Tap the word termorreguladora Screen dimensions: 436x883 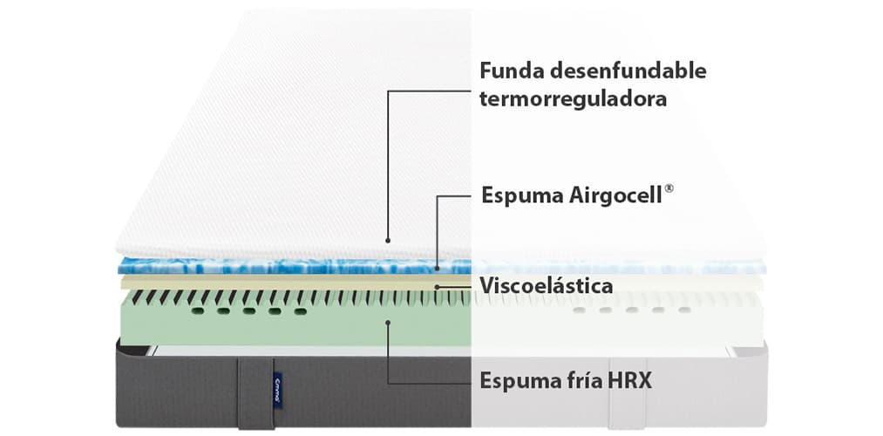pyautogui.click(x=573, y=98)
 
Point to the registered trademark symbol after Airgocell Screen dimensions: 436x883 pyautogui.click(x=669, y=188)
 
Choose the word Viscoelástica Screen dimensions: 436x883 pyautogui.click(x=546, y=285)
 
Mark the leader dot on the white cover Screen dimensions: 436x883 pyautogui.click(x=389, y=239)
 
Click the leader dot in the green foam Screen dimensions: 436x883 pyautogui.click(x=389, y=322)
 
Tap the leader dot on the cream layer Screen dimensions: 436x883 pyautogui.click(x=436, y=285)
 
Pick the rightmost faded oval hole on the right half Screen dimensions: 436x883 pyautogui.click(x=684, y=310)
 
